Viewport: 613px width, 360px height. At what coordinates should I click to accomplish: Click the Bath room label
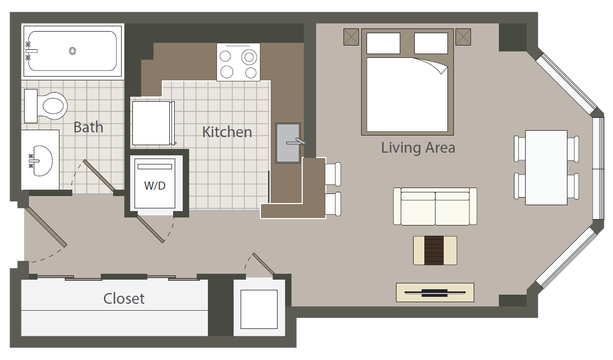click(88, 127)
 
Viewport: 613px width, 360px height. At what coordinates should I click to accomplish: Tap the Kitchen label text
click(227, 132)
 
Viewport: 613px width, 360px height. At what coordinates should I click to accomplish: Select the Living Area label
click(418, 148)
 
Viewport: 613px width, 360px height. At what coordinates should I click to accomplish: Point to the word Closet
click(124, 298)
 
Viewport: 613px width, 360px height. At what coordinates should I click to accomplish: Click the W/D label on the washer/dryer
click(155, 186)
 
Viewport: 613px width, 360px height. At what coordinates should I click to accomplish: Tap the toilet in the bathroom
click(46, 106)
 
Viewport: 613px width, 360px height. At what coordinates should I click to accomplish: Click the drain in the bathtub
click(72, 51)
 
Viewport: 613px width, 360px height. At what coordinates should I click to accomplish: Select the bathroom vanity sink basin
click(41, 161)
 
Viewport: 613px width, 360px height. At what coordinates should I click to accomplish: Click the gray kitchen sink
click(288, 143)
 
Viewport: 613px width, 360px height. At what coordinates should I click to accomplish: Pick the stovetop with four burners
click(238, 62)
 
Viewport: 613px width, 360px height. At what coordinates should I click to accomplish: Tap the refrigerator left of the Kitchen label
click(153, 124)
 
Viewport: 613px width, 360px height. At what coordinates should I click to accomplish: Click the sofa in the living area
click(435, 206)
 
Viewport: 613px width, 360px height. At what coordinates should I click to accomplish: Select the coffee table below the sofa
click(435, 251)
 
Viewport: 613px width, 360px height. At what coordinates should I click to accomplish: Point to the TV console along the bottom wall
click(435, 292)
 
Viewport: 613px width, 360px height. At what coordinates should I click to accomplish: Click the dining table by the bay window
click(546, 168)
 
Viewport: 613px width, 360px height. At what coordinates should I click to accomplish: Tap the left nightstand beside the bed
click(351, 37)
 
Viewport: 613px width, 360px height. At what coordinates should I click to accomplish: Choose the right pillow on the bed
click(431, 43)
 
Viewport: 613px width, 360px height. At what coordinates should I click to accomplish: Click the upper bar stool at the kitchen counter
click(333, 174)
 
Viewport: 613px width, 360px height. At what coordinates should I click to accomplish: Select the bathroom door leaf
click(99, 176)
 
